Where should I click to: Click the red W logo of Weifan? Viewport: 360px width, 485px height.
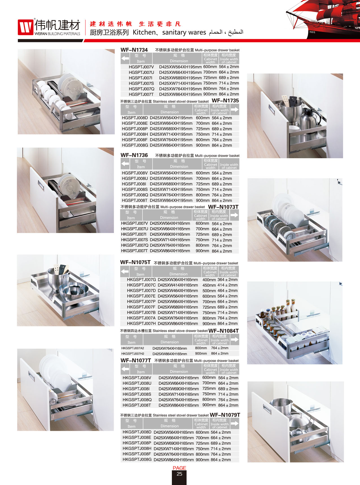click(x=25, y=27)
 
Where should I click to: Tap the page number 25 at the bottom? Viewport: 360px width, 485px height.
click(x=179, y=474)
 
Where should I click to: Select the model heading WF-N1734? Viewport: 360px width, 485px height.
click(x=134, y=50)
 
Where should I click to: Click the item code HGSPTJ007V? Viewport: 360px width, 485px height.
click(x=141, y=67)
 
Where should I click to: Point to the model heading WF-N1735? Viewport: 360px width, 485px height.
click(x=225, y=101)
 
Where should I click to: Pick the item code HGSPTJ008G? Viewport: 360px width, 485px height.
click(x=135, y=145)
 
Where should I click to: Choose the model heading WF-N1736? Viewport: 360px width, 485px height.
click(x=134, y=155)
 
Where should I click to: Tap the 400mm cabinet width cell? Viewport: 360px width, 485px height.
click(x=209, y=280)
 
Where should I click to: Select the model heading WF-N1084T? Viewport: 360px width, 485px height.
click(x=223, y=331)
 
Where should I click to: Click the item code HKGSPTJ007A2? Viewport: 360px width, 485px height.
click(x=133, y=348)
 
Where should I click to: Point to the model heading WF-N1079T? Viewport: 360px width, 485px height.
click(x=225, y=415)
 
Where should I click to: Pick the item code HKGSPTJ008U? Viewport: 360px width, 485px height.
click(x=137, y=383)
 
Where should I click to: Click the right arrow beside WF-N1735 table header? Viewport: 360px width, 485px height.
click(x=235, y=109)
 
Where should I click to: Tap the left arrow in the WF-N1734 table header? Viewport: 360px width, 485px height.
click(x=125, y=59)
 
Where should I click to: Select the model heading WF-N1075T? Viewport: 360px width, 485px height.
click(x=135, y=262)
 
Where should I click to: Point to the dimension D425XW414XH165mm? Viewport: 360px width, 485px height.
click(x=178, y=285)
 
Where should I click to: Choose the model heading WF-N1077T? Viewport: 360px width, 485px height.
click(x=136, y=360)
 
